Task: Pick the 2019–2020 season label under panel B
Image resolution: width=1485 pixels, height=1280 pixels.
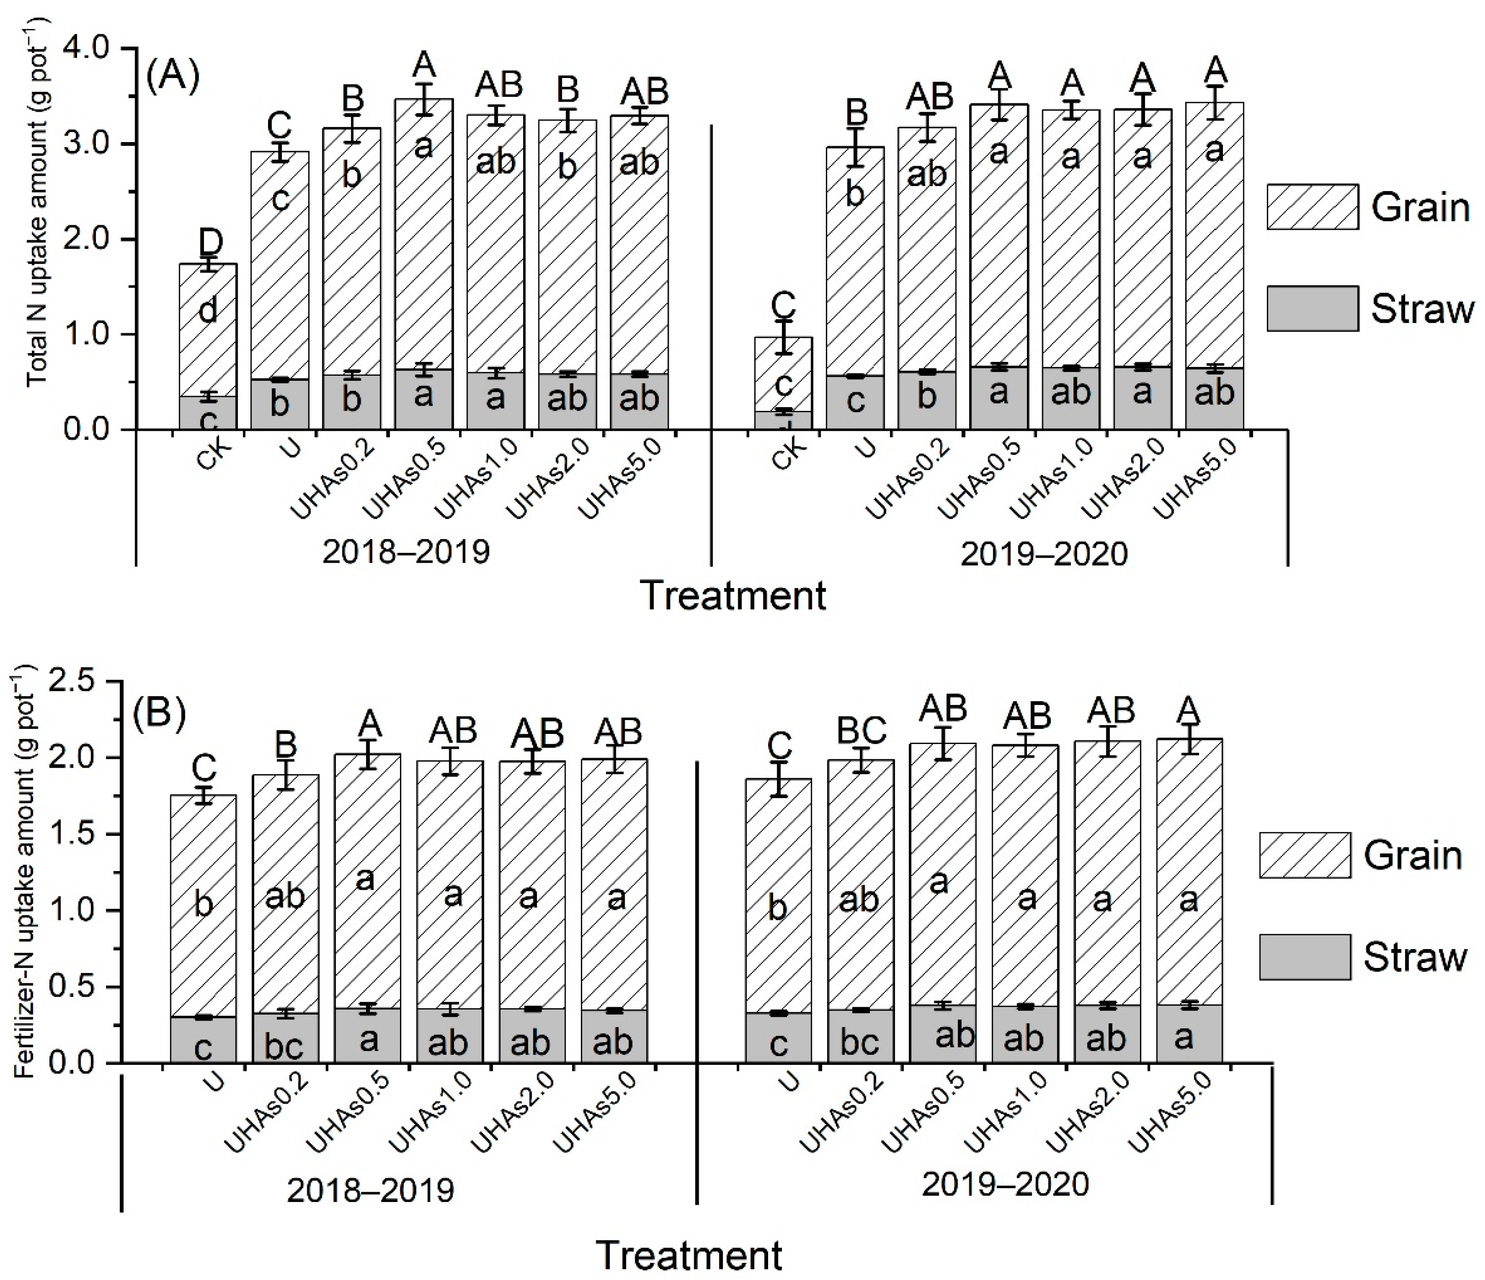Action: (x=1005, y=1184)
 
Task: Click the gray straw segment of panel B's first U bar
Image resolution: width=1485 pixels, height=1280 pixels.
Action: (x=203, y=1040)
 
